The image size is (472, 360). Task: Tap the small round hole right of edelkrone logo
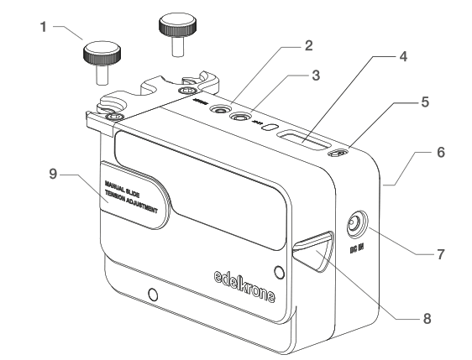click(279, 271)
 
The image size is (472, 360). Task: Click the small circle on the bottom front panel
click(151, 295)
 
